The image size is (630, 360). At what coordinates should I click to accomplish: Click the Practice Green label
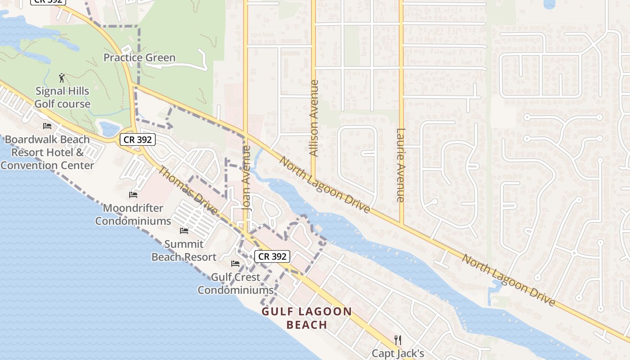point(139,58)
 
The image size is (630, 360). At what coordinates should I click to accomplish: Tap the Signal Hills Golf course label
point(63,97)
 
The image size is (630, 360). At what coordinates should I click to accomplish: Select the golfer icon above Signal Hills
point(62,78)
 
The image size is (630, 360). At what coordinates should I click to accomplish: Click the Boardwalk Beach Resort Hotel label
point(47,152)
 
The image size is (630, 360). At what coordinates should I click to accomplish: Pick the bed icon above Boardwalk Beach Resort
point(47,126)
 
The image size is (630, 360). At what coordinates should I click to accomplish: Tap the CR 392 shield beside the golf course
point(138,139)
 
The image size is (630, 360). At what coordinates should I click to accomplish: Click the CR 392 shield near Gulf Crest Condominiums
point(272,256)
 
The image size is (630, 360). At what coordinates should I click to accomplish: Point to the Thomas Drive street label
point(188,191)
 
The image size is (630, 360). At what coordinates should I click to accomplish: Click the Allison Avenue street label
point(314,118)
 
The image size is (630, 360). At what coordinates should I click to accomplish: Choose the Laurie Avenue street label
point(400,165)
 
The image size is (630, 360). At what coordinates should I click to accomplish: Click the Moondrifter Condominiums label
point(133,215)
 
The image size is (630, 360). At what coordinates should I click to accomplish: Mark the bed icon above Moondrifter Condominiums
point(133,195)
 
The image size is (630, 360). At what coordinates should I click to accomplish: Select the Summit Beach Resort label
point(184,251)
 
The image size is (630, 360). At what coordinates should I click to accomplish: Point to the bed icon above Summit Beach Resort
point(184,231)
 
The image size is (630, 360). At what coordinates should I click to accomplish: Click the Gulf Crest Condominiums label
point(235,283)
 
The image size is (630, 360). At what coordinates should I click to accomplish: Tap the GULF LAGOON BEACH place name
point(307,318)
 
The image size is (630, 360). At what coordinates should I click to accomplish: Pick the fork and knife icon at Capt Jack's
point(397,339)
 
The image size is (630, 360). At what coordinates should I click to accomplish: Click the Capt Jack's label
point(397,353)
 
